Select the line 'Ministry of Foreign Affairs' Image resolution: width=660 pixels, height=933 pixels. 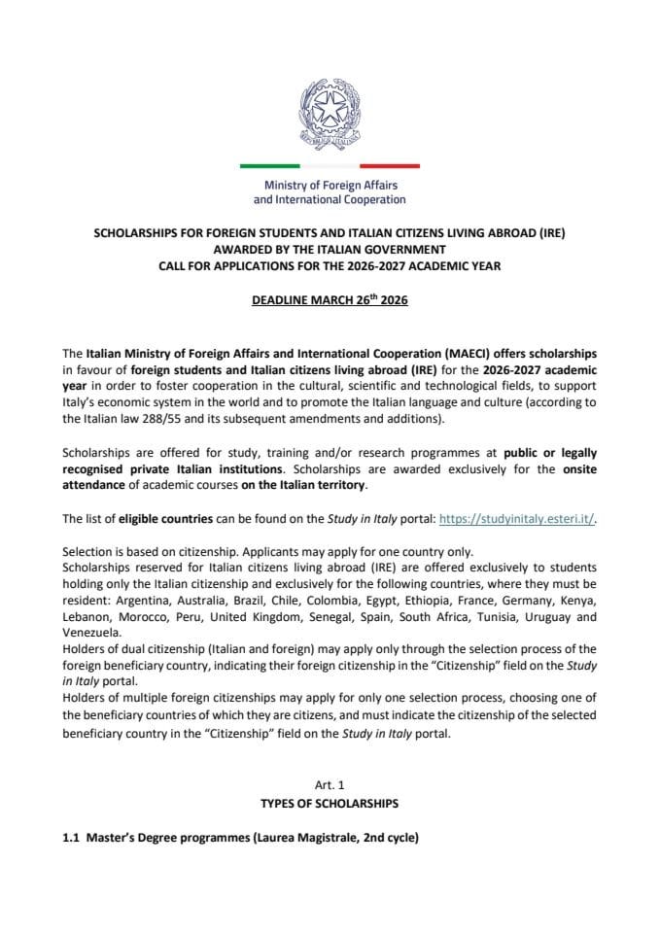click(330, 186)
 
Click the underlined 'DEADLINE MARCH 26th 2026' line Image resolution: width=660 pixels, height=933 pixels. click(330, 300)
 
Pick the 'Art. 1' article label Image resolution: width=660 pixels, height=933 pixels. click(330, 785)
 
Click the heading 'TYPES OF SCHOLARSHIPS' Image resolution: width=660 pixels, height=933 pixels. click(330, 805)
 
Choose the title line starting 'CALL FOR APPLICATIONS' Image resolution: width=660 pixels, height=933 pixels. click(330, 265)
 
